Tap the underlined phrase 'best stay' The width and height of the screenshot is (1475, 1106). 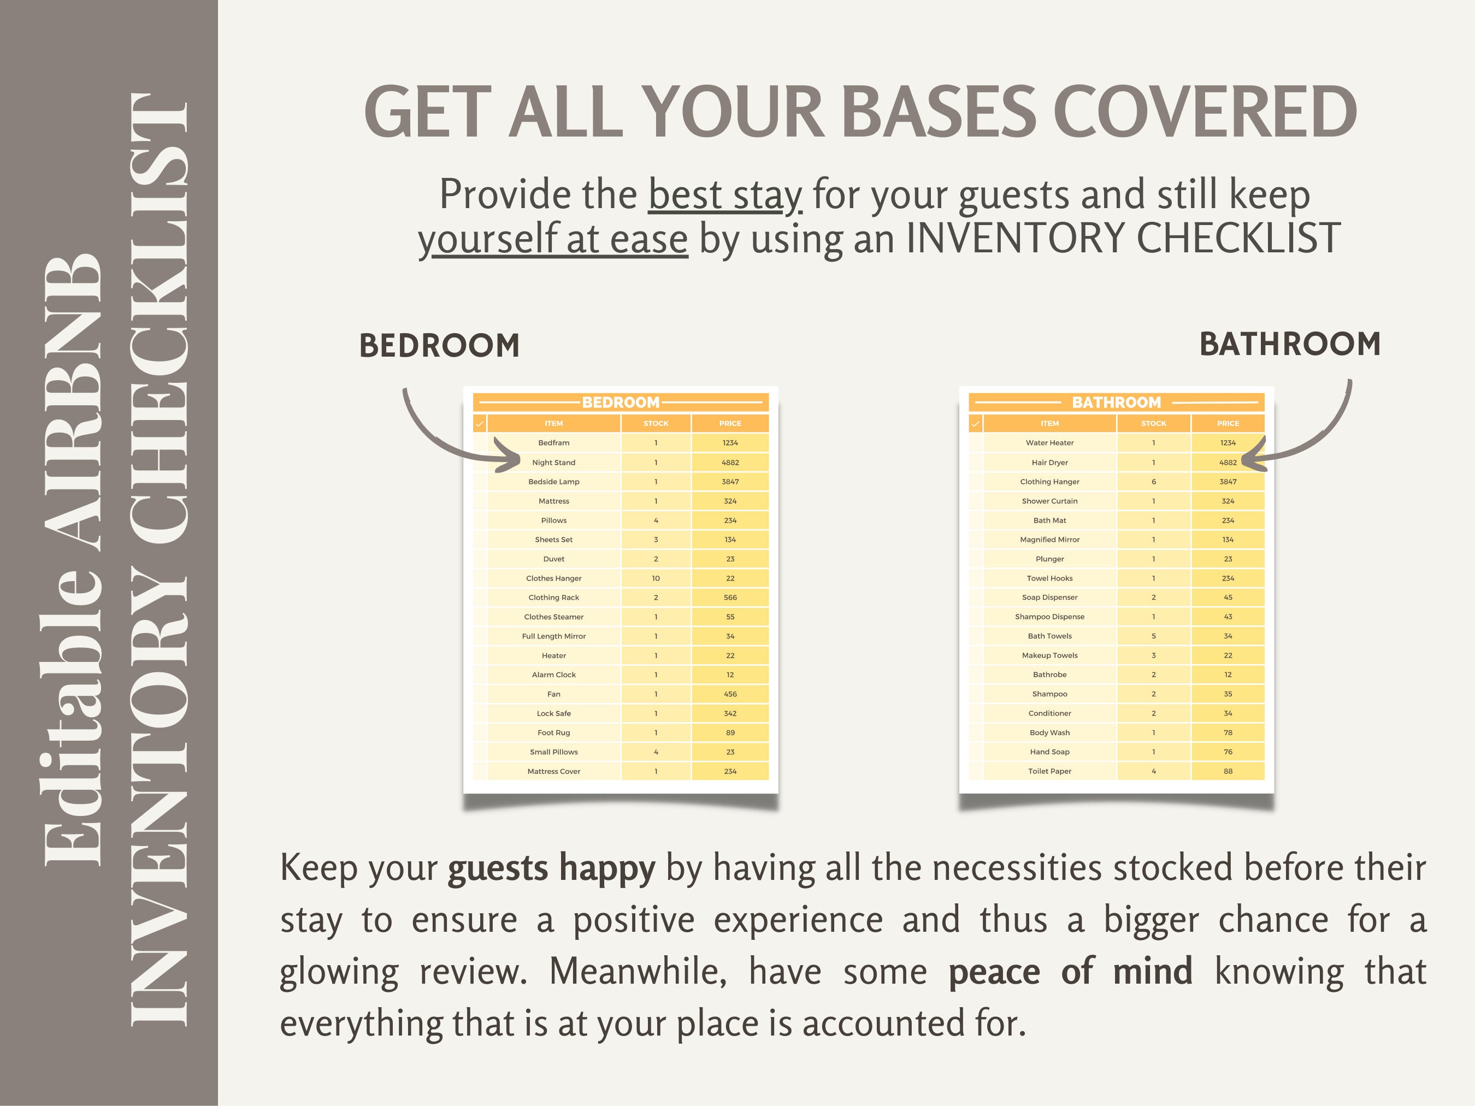tap(725, 194)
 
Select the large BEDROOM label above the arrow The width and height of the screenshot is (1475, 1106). tap(439, 345)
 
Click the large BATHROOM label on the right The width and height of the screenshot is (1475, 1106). tap(1290, 344)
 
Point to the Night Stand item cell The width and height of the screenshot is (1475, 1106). tap(553, 462)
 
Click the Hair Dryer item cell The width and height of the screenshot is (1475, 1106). tap(1049, 462)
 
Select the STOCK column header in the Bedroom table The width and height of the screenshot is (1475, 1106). tap(656, 423)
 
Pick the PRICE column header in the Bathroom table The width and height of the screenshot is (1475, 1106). tap(1228, 423)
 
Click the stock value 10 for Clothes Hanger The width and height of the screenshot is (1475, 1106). tap(656, 578)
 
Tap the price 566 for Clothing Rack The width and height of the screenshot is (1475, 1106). tap(730, 598)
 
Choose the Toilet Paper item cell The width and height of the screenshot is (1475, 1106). tap(1049, 771)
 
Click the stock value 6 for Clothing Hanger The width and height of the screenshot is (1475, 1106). tap(1154, 481)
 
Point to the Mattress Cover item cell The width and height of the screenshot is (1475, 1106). tap(553, 771)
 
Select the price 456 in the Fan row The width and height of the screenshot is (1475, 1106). tap(730, 694)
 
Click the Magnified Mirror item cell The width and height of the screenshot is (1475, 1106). tap(1049, 539)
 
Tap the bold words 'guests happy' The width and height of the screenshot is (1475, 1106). tap(551, 868)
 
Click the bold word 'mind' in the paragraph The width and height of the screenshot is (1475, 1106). tap(1152, 971)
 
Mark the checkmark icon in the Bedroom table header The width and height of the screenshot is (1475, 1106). tap(480, 423)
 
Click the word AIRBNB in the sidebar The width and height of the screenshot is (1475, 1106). tap(73, 403)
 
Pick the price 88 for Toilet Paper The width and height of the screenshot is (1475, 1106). tap(1228, 771)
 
